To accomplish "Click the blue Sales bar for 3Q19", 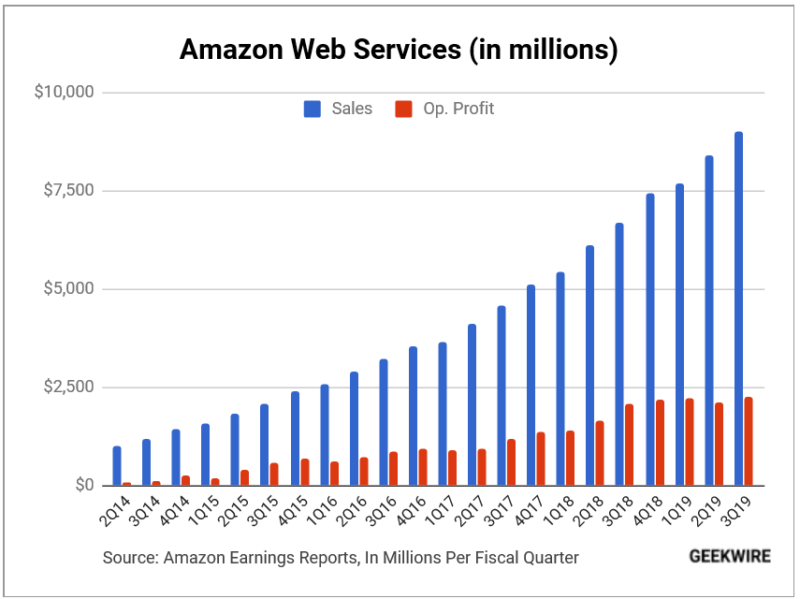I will [x=738, y=309].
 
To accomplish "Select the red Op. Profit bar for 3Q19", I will [x=749, y=442].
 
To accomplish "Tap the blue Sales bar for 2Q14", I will [x=117, y=466].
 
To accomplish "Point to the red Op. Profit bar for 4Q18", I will [x=660, y=443].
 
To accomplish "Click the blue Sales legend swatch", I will [x=313, y=110].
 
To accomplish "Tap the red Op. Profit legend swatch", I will [x=403, y=110].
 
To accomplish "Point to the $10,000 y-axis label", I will [x=64, y=93].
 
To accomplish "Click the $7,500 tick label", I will [x=68, y=191].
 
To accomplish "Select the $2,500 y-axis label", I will [x=68, y=387].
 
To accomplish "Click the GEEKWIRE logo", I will [x=730, y=556].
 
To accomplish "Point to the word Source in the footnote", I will [x=130, y=558].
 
